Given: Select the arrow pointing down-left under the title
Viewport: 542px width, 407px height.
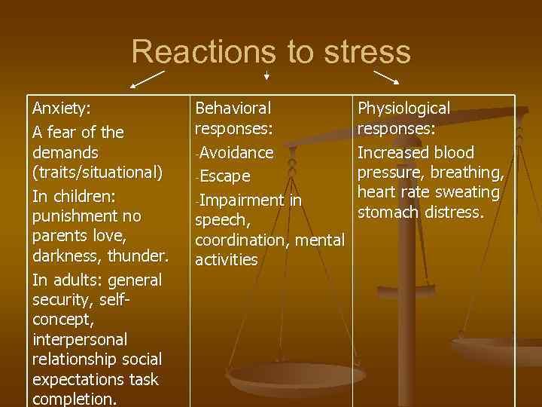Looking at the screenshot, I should (x=147, y=78).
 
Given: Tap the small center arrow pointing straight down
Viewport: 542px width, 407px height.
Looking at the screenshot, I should (x=266, y=75).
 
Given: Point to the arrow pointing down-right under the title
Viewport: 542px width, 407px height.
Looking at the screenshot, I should (x=387, y=78).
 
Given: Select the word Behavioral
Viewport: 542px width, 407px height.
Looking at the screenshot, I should (x=233, y=109).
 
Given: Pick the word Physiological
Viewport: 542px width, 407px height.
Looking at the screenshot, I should (x=403, y=109).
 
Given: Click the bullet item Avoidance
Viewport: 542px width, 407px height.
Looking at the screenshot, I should (x=236, y=153).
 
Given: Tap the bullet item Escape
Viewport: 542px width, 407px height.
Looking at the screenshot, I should (x=224, y=176).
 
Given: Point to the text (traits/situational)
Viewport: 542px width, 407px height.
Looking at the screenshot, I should (x=97, y=173).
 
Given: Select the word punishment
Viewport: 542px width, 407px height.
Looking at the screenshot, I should (x=78, y=216).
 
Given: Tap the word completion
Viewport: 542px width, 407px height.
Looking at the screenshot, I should (x=75, y=399).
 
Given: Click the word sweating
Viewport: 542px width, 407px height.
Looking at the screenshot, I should (x=470, y=192).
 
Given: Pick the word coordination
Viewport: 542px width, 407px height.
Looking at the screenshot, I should (x=240, y=240).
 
